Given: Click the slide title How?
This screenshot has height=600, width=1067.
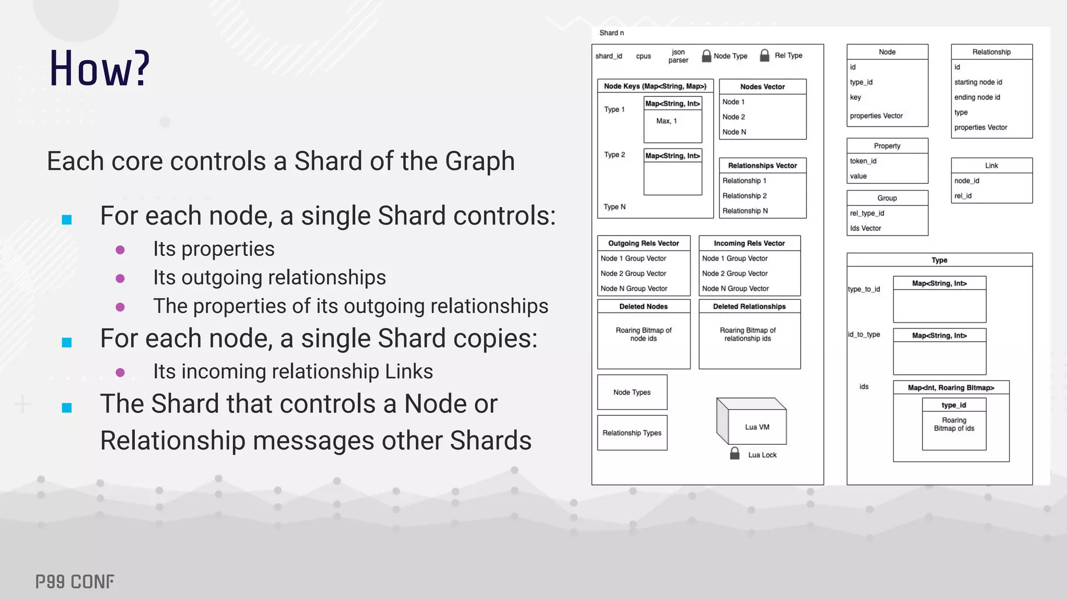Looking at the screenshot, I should (100, 69).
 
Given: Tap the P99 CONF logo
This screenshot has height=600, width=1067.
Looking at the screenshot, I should (75, 582).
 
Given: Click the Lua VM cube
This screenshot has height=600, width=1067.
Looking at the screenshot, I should (751, 423).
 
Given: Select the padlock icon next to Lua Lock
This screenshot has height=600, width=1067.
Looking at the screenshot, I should (735, 453).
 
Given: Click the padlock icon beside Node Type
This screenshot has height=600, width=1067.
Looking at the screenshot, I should (706, 56).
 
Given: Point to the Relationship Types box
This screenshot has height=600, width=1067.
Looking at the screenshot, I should (632, 433).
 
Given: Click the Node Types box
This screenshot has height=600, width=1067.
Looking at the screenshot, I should (632, 392).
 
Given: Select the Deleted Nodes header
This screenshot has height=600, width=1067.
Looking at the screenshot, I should (643, 306).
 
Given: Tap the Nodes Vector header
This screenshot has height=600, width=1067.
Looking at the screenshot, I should (762, 86).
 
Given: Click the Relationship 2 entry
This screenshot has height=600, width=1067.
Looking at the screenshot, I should (745, 196).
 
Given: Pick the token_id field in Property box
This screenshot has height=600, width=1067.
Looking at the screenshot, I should (863, 161).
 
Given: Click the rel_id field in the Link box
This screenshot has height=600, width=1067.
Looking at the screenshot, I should (963, 196).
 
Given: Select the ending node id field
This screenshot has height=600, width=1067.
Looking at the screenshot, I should (977, 97).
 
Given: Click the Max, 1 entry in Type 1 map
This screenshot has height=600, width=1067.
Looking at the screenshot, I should (666, 121).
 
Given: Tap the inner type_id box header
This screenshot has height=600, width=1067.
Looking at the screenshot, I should (953, 405).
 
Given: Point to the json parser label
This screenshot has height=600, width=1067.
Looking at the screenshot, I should (678, 56).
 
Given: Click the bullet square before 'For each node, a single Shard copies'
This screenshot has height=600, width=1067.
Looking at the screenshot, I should (67, 342).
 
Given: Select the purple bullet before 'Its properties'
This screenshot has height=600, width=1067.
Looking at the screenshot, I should (120, 250).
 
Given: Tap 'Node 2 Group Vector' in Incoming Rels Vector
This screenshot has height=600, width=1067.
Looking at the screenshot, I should (735, 273).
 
